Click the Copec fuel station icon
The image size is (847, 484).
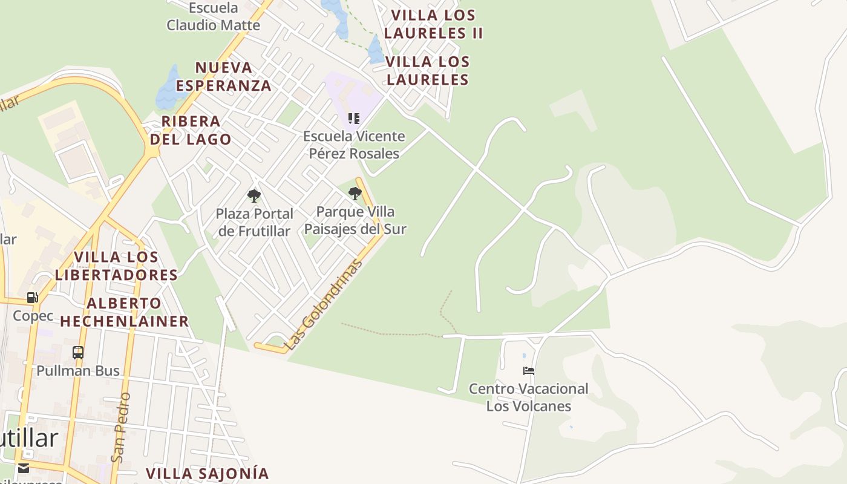[33, 298]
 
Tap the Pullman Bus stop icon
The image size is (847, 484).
[77, 353]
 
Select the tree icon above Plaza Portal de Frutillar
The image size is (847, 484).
[254, 195]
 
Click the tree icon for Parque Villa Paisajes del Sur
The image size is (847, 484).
[355, 194]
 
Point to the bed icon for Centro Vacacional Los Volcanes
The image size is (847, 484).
[529, 370]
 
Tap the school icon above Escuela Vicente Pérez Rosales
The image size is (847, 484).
[354, 119]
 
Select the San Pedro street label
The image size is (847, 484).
[121, 427]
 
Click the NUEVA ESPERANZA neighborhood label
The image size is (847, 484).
[224, 76]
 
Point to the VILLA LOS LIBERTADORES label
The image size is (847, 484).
[116, 266]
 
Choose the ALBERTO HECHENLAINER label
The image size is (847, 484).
[125, 312]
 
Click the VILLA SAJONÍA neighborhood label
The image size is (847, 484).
[207, 473]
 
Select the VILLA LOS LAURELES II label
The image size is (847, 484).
[433, 24]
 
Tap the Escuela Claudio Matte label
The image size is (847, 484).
[214, 17]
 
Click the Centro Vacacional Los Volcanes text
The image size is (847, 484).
[529, 397]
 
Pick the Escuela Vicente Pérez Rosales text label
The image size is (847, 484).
[354, 145]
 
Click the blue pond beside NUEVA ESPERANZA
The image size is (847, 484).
[168, 89]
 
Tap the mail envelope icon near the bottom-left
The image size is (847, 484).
[23, 468]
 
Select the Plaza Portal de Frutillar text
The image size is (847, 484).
[255, 222]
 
